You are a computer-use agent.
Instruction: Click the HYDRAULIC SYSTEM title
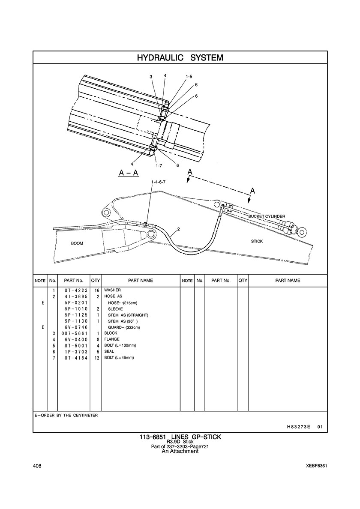tap(180, 57)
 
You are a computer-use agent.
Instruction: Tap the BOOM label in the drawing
tap(77, 243)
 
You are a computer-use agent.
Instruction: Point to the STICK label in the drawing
tap(257, 241)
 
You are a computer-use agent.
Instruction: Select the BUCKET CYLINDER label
tap(267, 216)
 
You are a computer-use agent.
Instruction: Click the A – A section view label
tap(128, 173)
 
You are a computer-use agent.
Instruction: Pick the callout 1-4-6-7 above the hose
tap(158, 183)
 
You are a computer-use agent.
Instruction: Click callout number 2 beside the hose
tap(178, 229)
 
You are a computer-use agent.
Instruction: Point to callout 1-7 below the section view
tap(159, 165)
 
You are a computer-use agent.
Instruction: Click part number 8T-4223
tap(73, 290)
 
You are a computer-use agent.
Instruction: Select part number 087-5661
tap(73, 333)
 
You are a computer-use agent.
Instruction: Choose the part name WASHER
tap(113, 290)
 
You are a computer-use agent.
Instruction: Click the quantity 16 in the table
tap(96, 290)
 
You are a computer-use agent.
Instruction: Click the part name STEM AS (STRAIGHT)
tap(128, 315)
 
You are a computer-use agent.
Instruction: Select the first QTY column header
tap(95, 280)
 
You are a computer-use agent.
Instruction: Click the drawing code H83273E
tap(299, 427)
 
